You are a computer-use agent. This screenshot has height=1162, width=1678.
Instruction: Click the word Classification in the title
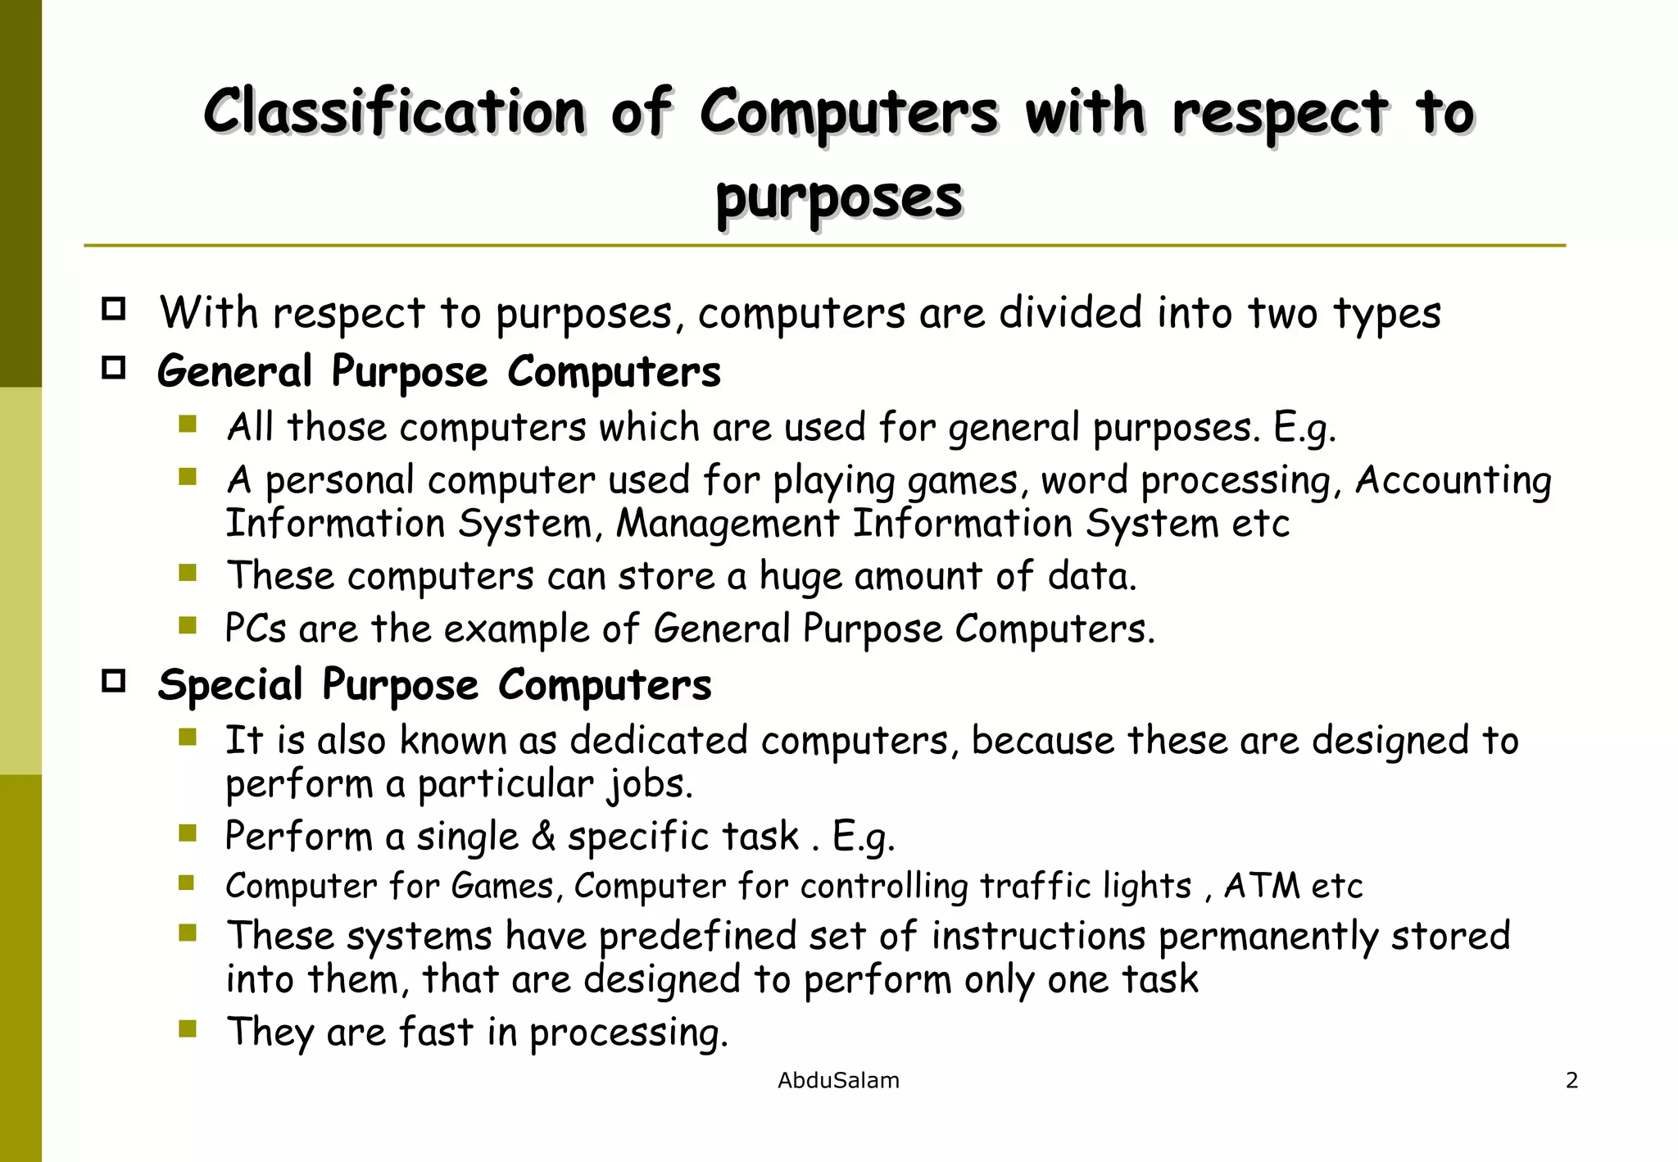pos(394,111)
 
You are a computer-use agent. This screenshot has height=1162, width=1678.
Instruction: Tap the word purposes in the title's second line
pos(839,198)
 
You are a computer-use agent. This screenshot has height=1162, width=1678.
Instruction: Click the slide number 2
pos(1571,1080)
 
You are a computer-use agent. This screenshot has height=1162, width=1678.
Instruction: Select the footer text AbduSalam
pos(838,1080)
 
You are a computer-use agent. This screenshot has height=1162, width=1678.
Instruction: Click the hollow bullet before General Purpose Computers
pos(114,368)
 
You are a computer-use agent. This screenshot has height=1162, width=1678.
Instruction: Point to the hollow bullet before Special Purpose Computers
pos(114,681)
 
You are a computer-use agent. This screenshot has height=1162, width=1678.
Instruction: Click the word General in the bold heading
pos(234,371)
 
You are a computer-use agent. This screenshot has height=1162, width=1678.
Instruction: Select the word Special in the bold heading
pos(230,684)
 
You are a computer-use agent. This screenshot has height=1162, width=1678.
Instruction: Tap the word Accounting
pos(1453,480)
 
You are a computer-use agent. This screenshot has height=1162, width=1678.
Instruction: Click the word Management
pos(728,524)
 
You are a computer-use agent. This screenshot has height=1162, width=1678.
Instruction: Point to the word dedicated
pos(659,740)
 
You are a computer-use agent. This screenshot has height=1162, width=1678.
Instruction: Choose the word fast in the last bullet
pos(436,1032)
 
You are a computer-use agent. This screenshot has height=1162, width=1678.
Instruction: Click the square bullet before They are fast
pos(188,1028)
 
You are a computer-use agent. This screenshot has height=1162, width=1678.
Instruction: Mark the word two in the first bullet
pos(1283,313)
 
